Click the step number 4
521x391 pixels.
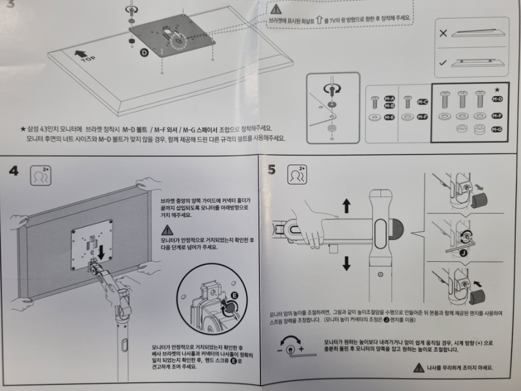click(14, 171)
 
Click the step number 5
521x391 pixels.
click(271, 170)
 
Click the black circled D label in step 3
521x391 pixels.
click(144, 52)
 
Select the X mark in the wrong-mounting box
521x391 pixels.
click(443, 33)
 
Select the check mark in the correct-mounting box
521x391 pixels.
click(443, 63)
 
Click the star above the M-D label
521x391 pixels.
click(497, 89)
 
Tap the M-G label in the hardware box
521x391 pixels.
click(497, 129)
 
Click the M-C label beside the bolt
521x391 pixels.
click(423, 102)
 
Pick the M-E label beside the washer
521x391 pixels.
click(390, 117)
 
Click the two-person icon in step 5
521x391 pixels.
click(297, 174)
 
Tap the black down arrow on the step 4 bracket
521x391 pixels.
click(101, 253)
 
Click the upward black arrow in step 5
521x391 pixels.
click(347, 206)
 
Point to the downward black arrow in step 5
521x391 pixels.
click(347, 264)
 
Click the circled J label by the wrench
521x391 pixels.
click(463, 253)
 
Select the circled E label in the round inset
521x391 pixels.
click(234, 295)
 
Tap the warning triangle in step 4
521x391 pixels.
click(167, 230)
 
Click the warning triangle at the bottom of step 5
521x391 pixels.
click(419, 367)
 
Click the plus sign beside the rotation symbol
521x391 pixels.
click(301, 349)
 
